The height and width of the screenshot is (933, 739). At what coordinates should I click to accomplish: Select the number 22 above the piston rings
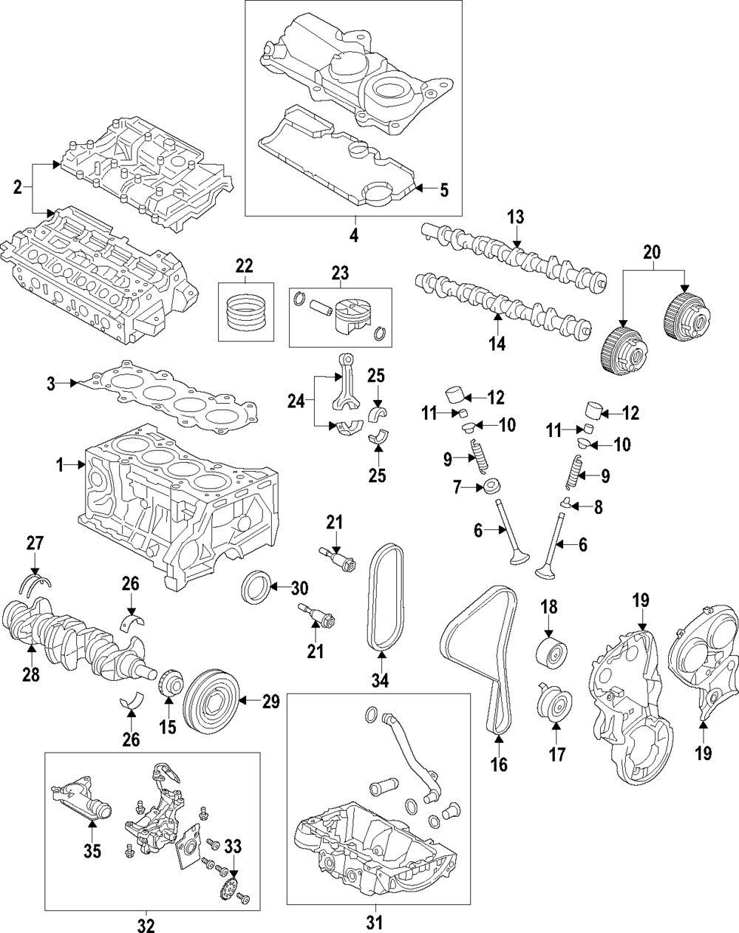click(x=244, y=266)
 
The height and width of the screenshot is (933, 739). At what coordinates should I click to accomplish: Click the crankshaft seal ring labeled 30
click(x=255, y=588)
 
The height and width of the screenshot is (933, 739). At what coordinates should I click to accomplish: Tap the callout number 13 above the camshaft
click(x=516, y=217)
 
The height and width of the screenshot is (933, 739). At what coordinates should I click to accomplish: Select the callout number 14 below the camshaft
click(x=497, y=344)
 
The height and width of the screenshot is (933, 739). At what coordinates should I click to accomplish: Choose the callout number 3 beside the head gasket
click(x=51, y=384)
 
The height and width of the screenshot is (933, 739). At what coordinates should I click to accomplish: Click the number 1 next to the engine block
click(x=60, y=466)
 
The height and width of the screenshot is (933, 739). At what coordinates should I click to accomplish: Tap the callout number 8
click(x=598, y=508)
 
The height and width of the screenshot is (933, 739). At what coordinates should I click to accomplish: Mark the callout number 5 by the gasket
click(x=443, y=191)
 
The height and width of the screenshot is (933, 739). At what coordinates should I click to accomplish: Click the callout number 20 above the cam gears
click(x=653, y=252)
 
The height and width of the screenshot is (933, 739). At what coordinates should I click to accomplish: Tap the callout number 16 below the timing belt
click(x=499, y=764)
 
